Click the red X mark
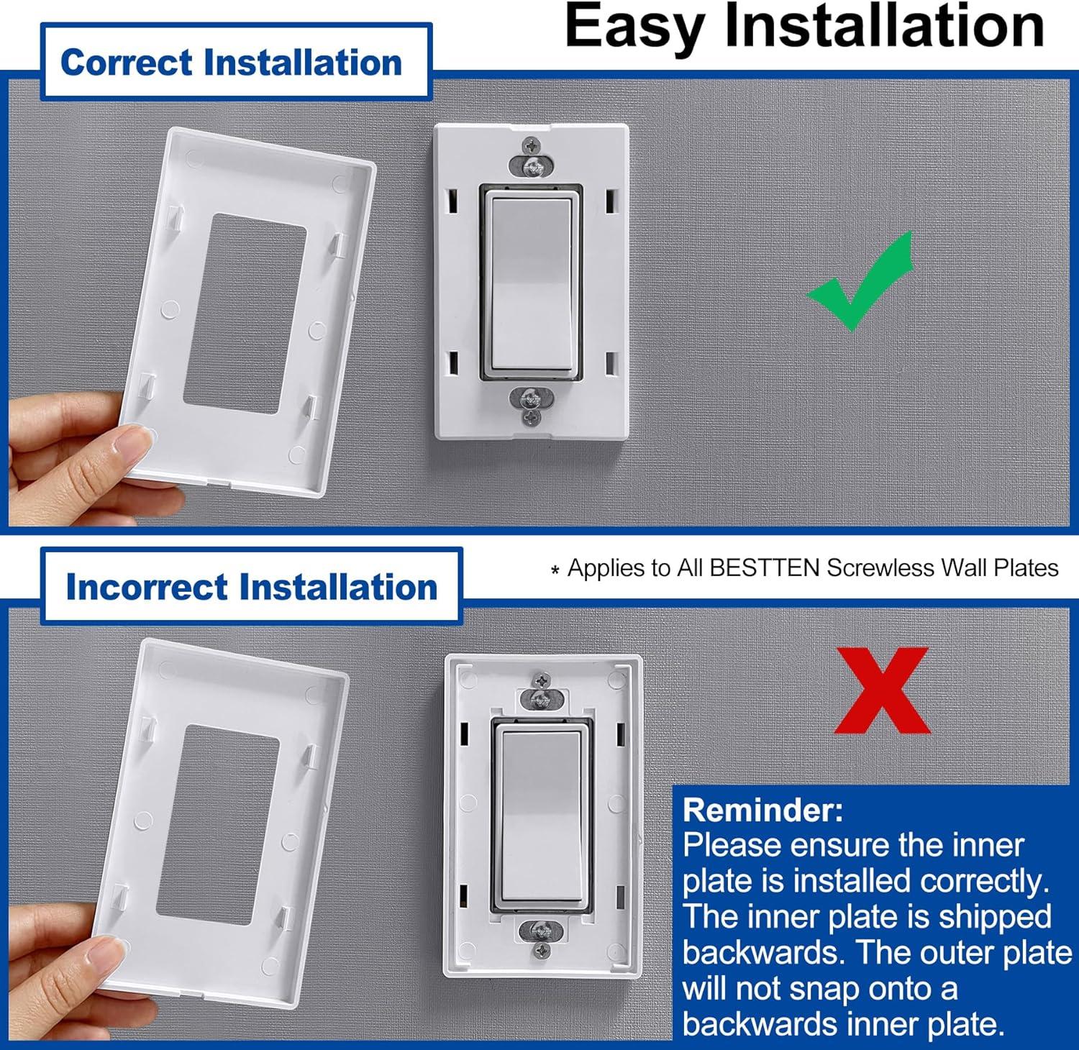point(882,690)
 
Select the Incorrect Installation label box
point(251,586)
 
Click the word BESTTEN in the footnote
point(764,568)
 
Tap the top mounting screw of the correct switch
point(532,145)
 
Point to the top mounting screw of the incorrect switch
point(542,680)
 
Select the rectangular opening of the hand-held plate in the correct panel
point(241,313)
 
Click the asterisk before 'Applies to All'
point(555,571)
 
